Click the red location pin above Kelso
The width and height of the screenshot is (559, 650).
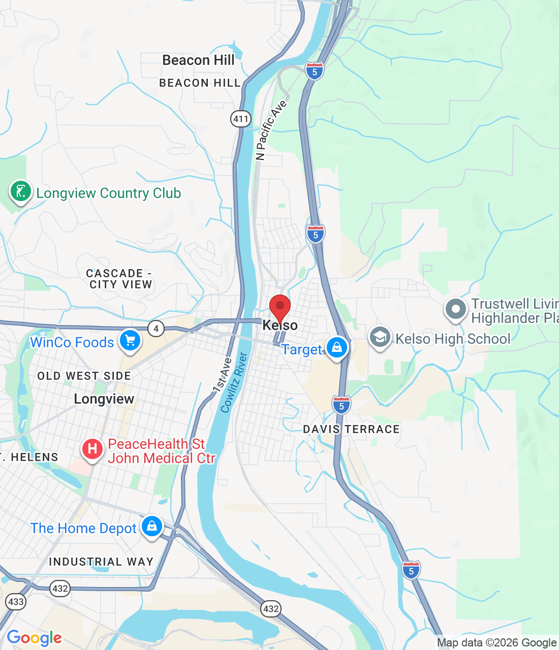point(279,308)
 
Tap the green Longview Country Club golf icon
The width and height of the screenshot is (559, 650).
point(20,191)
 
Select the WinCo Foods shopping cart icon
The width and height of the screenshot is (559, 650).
point(130,340)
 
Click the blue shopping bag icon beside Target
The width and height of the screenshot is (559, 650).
point(336,348)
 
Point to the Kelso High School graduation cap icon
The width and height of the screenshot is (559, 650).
point(380,337)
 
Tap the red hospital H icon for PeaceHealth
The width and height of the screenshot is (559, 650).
point(92,449)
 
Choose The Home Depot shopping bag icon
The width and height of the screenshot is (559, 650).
point(152,526)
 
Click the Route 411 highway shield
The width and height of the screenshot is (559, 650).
point(240,119)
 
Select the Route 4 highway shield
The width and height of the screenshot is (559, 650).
point(156,329)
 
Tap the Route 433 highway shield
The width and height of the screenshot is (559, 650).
point(16,602)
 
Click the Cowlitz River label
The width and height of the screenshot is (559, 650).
point(234,382)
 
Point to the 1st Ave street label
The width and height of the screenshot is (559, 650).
point(222,375)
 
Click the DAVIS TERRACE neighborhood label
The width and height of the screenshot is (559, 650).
point(351,429)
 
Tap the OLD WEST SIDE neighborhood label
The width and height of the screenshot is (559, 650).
point(84,376)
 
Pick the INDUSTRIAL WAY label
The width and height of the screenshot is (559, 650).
point(101,562)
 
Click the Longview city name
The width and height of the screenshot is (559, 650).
point(104,399)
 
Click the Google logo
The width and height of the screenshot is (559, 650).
point(34,638)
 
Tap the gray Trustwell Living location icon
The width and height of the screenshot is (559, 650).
point(456,309)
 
